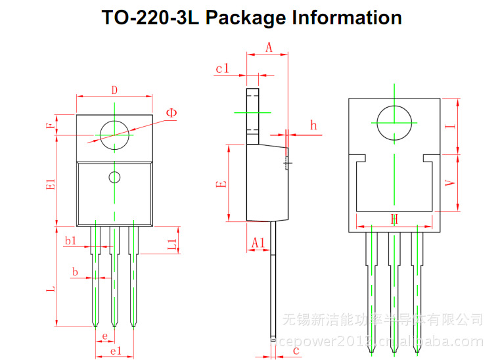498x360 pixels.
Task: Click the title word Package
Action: pos(246,18)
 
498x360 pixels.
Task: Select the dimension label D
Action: pos(114,90)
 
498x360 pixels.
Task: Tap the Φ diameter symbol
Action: pos(171,113)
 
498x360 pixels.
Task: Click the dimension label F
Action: pos(51,125)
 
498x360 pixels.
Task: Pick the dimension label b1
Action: pos(70,241)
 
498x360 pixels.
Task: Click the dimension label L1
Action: pos(171,244)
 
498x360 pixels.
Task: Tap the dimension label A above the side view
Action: pos(269,47)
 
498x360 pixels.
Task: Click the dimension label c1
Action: pos(222,68)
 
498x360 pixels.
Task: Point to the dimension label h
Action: pos(313,125)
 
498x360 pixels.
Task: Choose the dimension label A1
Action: pos(258,243)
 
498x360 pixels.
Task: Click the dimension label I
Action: pos(449,126)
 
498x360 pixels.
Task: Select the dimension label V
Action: pos(449,184)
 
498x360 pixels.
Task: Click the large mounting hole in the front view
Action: pos(114,136)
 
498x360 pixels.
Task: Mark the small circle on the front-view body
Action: pos(114,177)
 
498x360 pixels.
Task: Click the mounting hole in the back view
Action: pos(394,123)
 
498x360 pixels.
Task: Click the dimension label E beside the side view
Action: pos(222,183)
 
